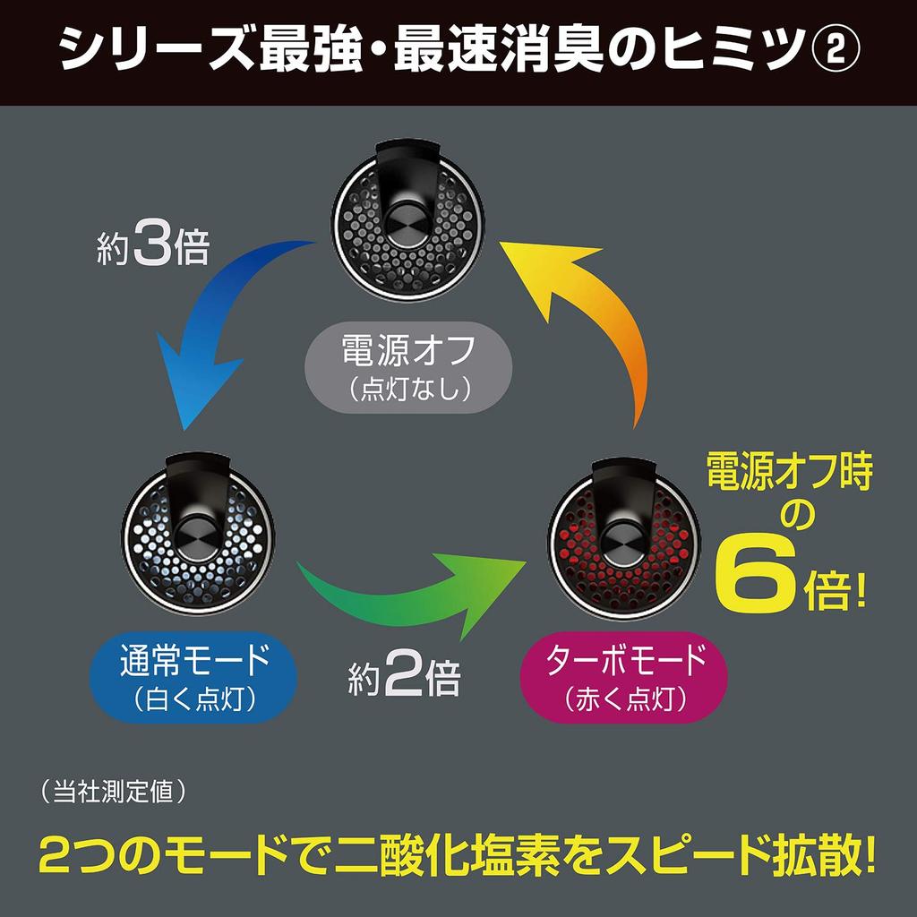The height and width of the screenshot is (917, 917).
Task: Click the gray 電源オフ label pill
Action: (x=408, y=367)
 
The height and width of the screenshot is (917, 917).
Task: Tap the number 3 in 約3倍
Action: (x=152, y=244)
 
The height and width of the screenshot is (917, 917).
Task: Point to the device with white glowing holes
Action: (x=198, y=535)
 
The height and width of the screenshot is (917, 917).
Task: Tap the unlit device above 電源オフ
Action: (x=408, y=221)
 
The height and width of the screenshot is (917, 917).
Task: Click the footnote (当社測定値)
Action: (x=115, y=793)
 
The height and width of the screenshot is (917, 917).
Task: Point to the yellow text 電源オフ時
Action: (x=790, y=472)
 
